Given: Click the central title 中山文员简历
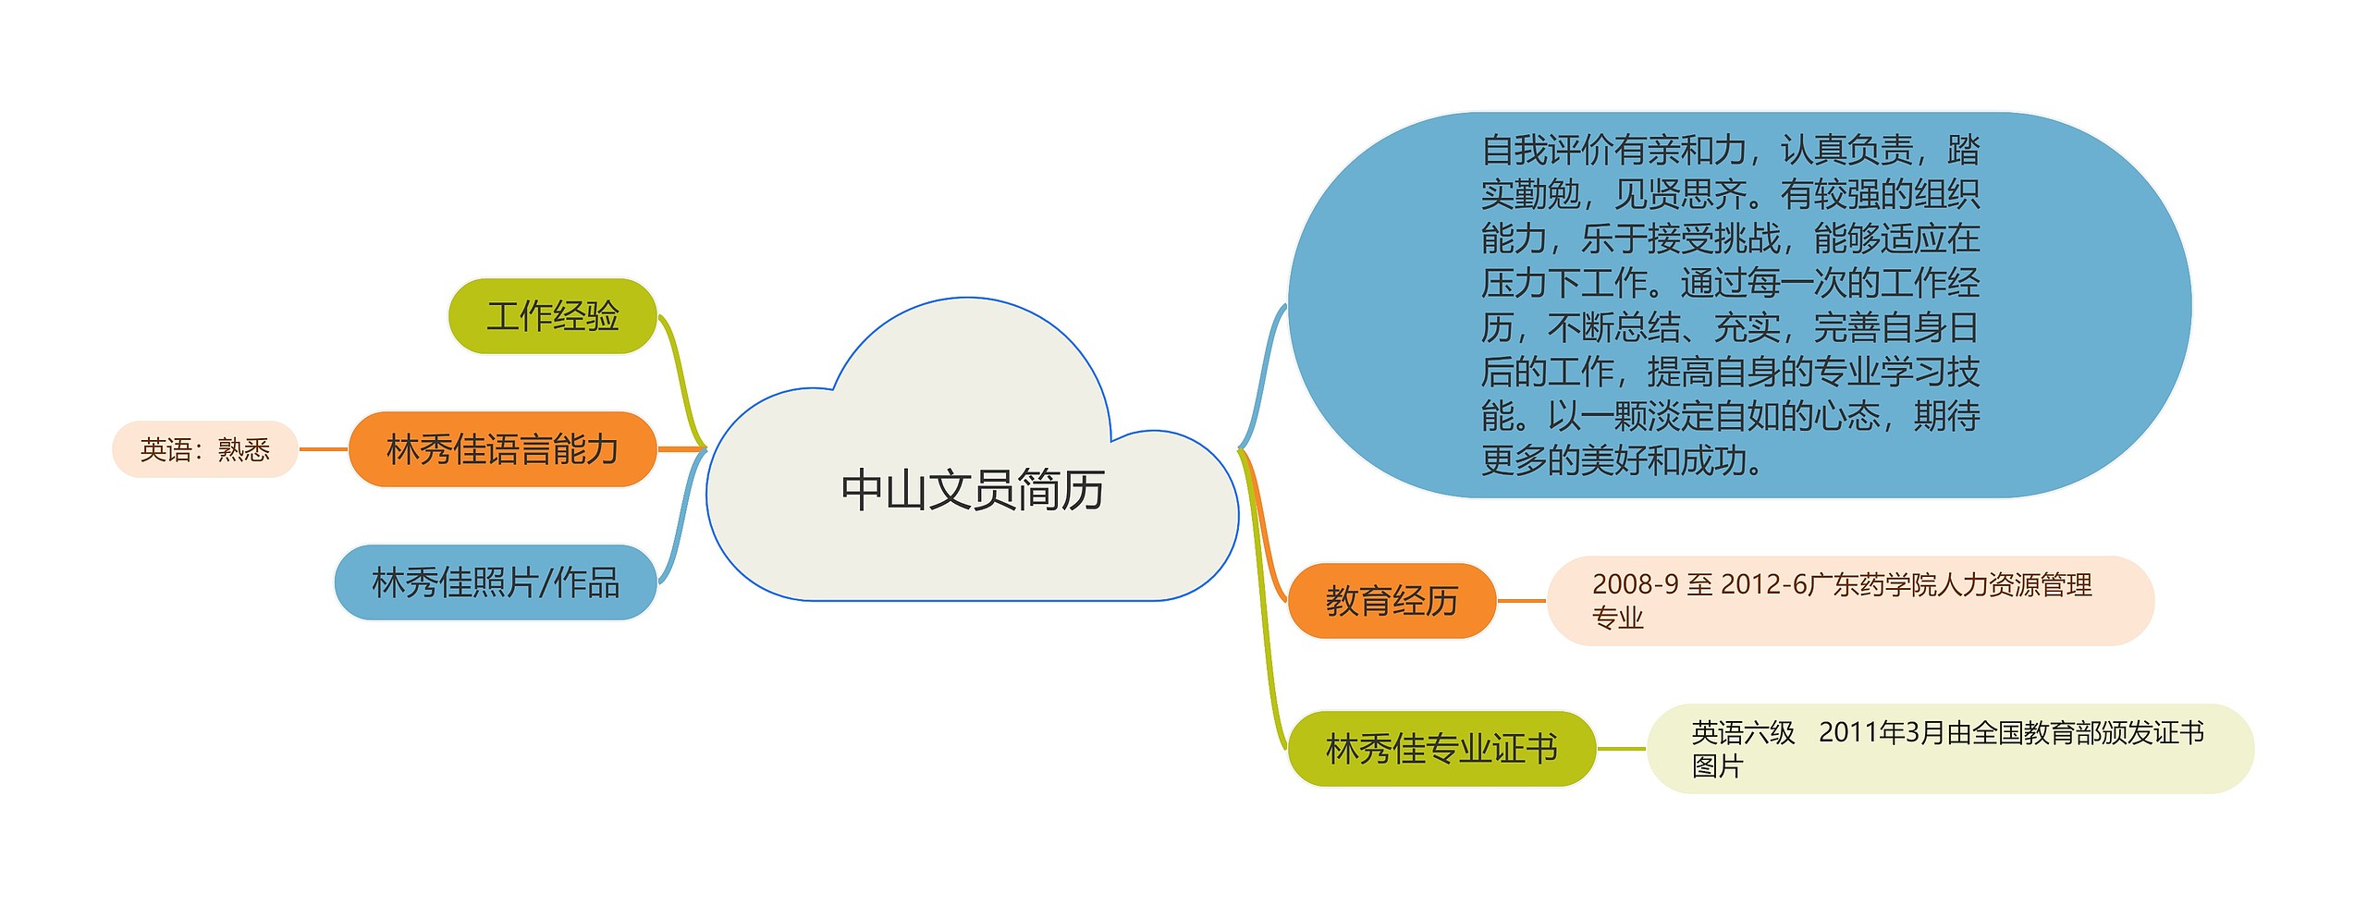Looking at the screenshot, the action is [973, 490].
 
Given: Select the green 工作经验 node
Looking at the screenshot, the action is [552, 316].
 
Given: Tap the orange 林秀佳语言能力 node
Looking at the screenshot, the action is [502, 449].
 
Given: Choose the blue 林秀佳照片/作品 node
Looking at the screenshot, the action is [496, 582].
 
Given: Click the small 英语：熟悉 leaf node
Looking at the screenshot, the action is [204, 449].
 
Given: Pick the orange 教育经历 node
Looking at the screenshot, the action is [1392, 601].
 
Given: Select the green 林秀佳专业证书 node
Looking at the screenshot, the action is [1441, 749].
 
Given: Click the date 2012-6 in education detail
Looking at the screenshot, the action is [1764, 584].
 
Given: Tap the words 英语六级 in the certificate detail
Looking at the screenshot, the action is [1743, 733].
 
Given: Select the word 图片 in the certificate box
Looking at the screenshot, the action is [1717, 766].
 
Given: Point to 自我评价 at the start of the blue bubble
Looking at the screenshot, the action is [1548, 150].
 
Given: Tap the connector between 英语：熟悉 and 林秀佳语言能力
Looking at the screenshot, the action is [323, 449].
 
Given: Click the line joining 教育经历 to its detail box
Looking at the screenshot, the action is [1521, 601].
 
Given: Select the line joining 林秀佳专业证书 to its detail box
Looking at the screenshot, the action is [1622, 749].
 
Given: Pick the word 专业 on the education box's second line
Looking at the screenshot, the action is [1617, 618].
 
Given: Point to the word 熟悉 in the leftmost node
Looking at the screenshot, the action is [244, 449].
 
